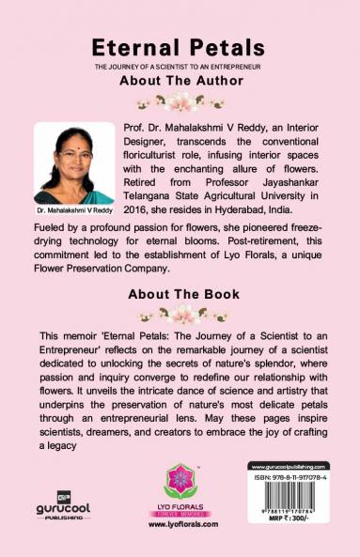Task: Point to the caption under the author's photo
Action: point(73,211)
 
